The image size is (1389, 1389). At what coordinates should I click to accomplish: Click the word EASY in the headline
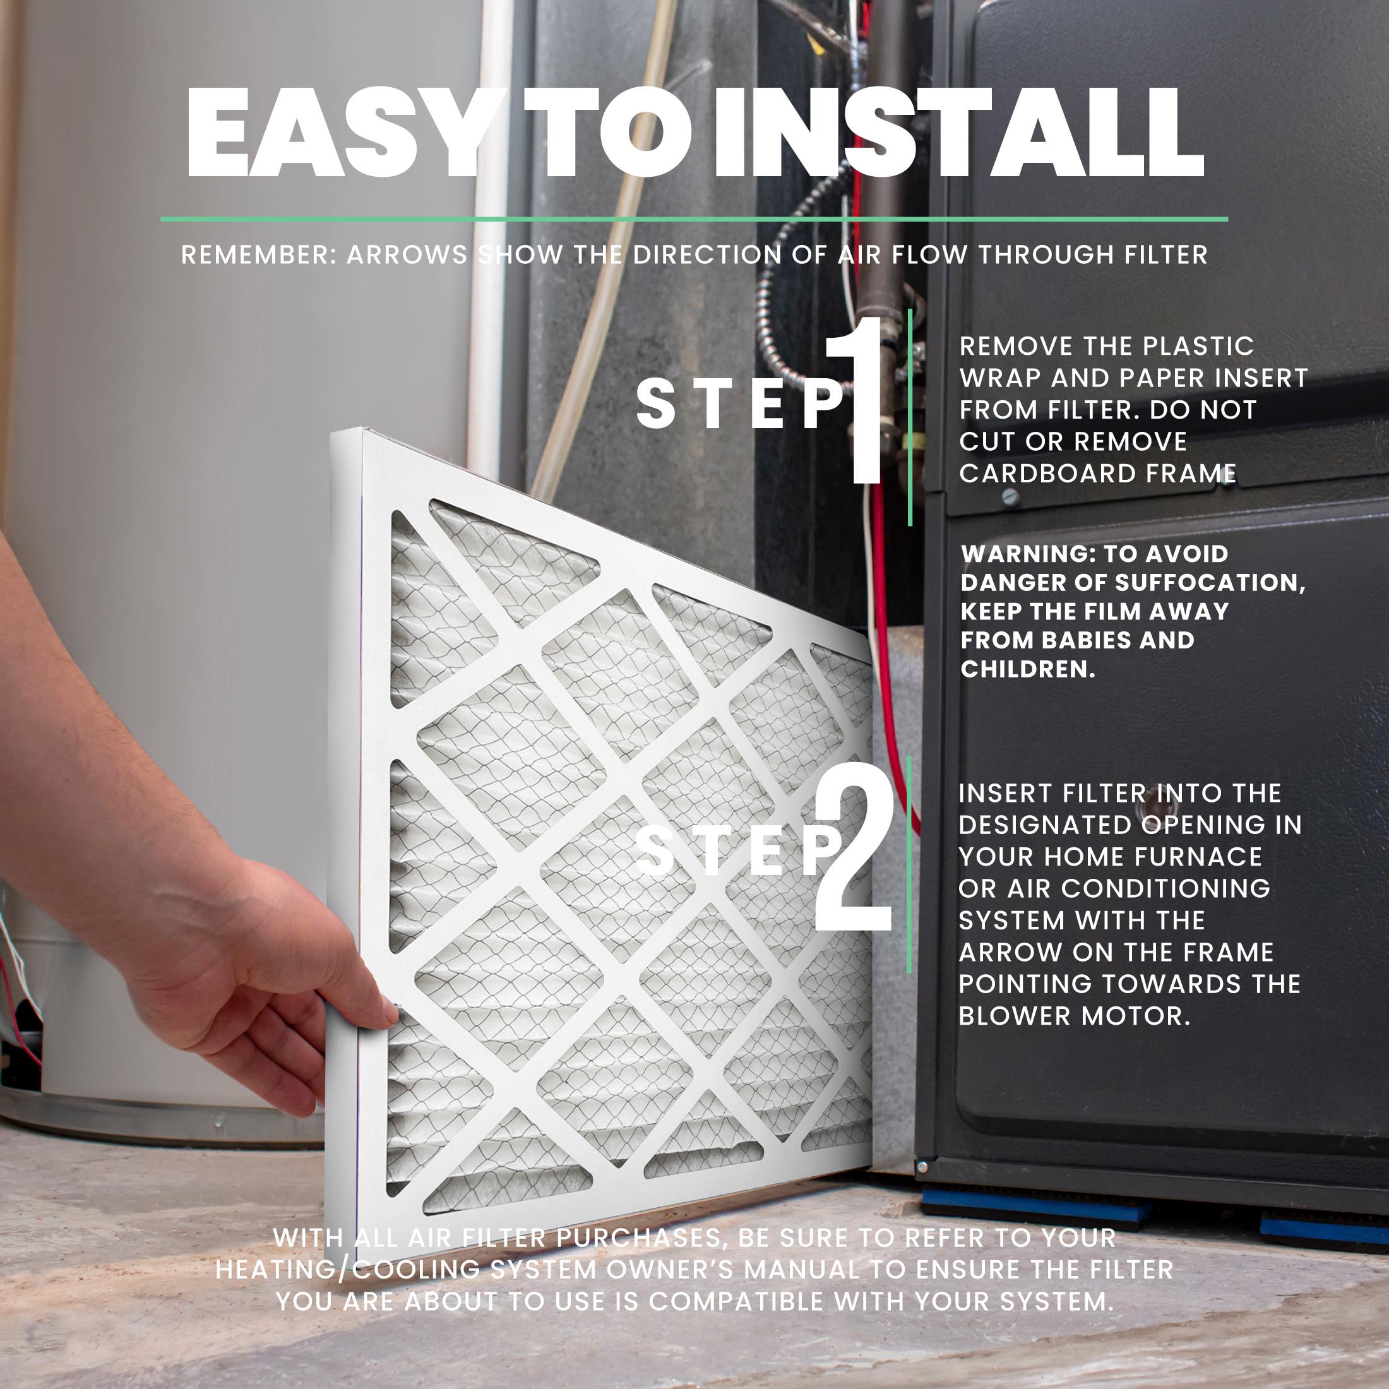335,133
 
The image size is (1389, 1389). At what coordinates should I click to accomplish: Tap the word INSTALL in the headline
958,133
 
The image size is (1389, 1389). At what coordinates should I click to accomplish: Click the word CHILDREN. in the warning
1028,669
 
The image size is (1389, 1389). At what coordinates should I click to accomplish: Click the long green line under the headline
694,218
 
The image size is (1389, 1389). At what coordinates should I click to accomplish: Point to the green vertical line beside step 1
910,417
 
